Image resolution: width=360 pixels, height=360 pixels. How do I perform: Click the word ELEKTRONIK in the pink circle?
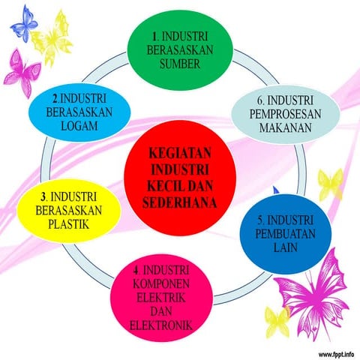pyautogui.click(x=160, y=325)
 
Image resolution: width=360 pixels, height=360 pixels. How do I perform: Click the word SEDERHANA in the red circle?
pyautogui.click(x=180, y=202)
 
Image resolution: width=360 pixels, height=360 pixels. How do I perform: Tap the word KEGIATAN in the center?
pyautogui.click(x=181, y=150)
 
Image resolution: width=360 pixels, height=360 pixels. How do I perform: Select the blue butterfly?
pyautogui.click(x=25, y=25)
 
